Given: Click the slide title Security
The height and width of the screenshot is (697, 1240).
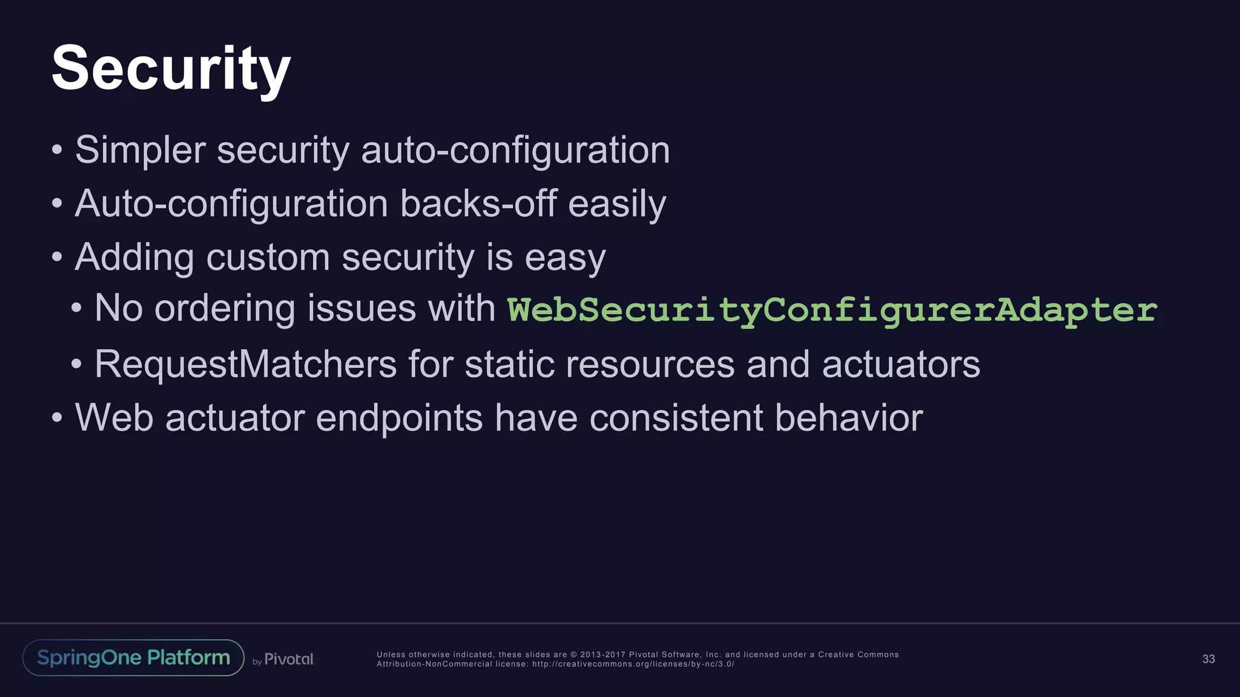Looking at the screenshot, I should coord(171,68).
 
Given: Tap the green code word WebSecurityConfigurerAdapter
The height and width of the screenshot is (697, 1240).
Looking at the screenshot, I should coord(832,309).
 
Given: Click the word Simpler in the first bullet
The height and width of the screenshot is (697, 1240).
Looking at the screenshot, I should coord(140,150).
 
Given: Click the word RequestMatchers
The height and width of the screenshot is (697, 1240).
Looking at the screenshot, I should coord(245,364).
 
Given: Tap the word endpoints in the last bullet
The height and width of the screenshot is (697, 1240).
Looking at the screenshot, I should coord(399,417).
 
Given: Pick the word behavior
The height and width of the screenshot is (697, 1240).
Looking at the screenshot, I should coord(849,417).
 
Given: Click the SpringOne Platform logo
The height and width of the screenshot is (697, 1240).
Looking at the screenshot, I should coord(133,658).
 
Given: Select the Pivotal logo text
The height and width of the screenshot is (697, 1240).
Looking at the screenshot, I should coord(289,659).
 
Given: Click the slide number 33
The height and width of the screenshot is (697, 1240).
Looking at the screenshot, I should coord(1208,659).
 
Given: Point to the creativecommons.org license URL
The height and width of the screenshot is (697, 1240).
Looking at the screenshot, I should coord(633,664).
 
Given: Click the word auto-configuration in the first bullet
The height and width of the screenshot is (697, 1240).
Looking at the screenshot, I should coord(515,150).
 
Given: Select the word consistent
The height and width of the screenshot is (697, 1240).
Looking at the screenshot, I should coord(676,417).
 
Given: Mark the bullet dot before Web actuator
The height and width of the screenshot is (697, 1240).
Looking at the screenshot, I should coord(57,417).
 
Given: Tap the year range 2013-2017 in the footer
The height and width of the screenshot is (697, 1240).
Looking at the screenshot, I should coord(602,655).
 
